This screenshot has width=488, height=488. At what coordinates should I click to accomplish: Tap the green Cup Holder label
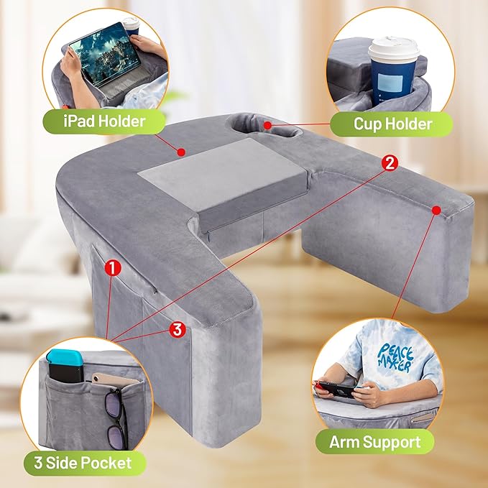pos(392,124)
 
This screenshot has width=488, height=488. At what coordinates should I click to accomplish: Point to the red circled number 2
pos(389,162)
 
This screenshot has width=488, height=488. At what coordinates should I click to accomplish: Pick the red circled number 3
pos(178,329)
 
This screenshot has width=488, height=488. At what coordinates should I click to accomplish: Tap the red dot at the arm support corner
pos(436,209)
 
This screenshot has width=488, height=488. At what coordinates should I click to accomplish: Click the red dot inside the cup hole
pos(267,125)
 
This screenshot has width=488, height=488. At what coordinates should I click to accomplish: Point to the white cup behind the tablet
pos(132,24)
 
